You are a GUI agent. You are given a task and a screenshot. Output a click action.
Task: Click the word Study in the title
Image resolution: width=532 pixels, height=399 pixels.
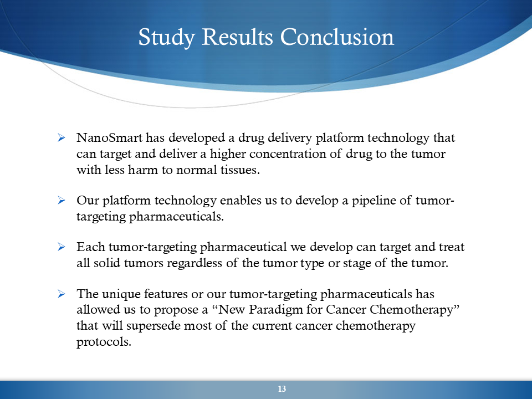pyautogui.click(x=167, y=37)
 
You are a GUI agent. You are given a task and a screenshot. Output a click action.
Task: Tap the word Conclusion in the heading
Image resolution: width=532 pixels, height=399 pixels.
pyautogui.click(x=337, y=37)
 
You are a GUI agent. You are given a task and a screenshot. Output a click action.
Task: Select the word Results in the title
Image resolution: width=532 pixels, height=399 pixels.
pyautogui.click(x=238, y=37)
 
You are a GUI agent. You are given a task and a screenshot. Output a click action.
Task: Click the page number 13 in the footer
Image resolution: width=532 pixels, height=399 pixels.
pyautogui.click(x=282, y=389)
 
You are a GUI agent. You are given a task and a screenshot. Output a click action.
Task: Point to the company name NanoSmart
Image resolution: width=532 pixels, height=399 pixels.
pyautogui.click(x=110, y=137)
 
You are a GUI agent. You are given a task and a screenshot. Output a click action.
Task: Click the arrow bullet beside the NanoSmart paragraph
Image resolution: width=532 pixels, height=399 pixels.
pyautogui.click(x=62, y=137)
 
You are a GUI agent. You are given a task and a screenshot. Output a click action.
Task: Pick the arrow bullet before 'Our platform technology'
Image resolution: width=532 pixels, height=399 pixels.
pyautogui.click(x=62, y=200)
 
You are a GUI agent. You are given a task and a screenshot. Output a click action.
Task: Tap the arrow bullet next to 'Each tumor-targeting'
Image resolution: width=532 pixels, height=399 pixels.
pyautogui.click(x=62, y=247)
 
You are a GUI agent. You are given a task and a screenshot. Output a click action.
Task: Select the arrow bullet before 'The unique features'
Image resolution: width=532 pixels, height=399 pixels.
pyautogui.click(x=62, y=294)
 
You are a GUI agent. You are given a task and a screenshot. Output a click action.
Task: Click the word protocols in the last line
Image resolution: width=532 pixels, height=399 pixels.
pyautogui.click(x=104, y=342)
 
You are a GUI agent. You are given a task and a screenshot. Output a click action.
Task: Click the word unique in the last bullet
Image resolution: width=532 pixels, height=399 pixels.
pyautogui.click(x=121, y=294)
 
